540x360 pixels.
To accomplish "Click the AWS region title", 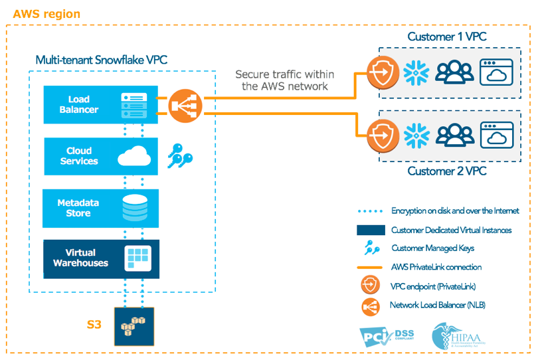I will tap(46, 13).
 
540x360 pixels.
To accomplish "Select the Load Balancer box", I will tap(100, 104).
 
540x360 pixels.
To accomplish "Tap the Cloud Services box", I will tap(100, 156).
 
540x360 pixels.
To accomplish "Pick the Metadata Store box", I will tap(100, 208).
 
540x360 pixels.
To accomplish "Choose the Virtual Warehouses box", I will tap(100, 258).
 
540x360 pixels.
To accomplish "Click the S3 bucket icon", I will tap(134, 326).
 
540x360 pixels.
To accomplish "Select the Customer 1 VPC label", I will tap(446, 37).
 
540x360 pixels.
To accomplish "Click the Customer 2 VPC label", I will tap(446, 171).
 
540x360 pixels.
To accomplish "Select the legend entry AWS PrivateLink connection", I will tap(436, 267).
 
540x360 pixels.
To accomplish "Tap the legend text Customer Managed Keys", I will tap(432, 248).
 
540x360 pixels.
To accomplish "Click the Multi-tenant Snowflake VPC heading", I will tap(101, 60).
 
